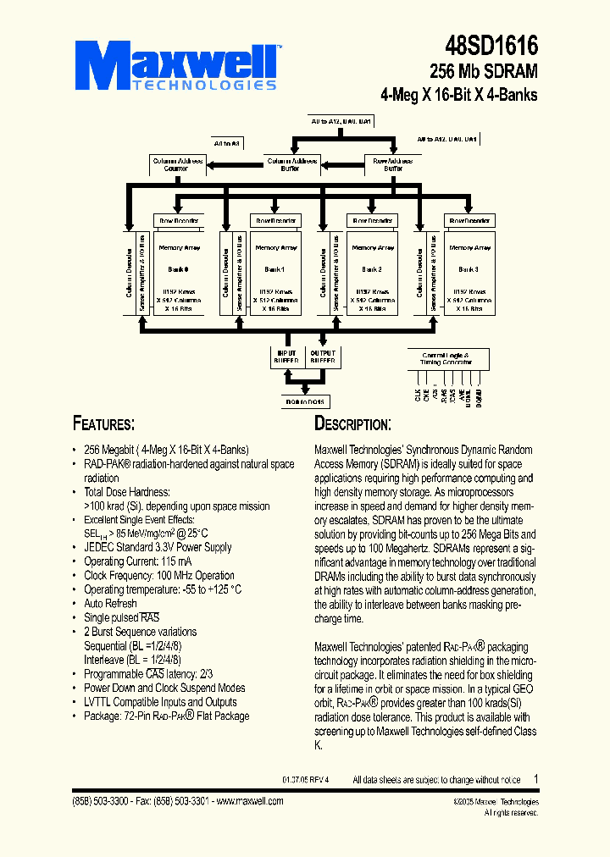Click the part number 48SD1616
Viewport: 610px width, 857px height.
[x=491, y=47]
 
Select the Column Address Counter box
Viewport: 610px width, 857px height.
[x=176, y=164]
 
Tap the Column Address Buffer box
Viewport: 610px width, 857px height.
[x=291, y=164]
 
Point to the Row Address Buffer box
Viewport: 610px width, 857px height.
[x=393, y=164]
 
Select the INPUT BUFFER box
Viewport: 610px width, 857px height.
[x=283, y=357]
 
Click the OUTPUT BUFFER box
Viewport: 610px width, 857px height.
[x=323, y=357]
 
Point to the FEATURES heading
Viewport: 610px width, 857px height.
[x=103, y=423]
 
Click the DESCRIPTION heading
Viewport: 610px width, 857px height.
[x=352, y=423]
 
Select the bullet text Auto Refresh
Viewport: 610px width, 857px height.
[x=110, y=603]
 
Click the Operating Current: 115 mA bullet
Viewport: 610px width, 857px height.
[x=137, y=561]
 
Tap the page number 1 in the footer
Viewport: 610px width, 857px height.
[x=535, y=778]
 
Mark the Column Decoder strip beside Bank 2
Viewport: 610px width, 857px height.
[x=323, y=272]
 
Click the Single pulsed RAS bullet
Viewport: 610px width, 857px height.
[x=121, y=617]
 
